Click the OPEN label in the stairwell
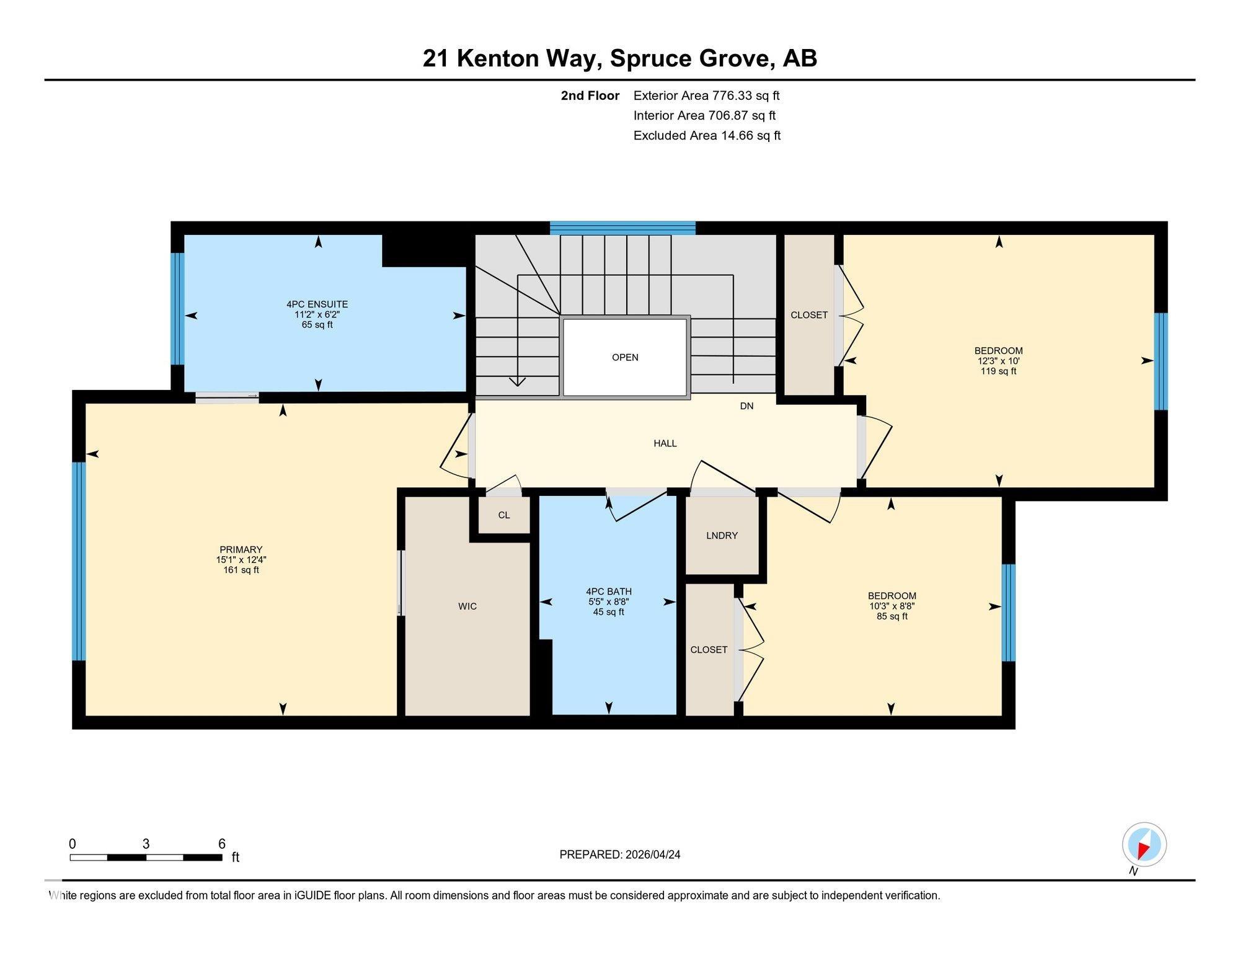click(625, 357)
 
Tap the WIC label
click(467, 606)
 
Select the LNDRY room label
click(722, 536)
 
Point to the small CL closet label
click(504, 515)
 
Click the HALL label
click(665, 443)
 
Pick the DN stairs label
click(746, 406)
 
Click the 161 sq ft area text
click(241, 570)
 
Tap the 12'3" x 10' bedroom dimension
click(998, 361)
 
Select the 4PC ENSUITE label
click(317, 304)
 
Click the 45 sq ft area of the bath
click(608, 612)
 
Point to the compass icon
click(1144, 845)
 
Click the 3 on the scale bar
click(146, 844)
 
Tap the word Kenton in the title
click(498, 58)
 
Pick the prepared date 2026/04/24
click(653, 854)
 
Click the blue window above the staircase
click(622, 228)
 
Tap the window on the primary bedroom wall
click(79, 561)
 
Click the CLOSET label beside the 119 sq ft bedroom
click(809, 315)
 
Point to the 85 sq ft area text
click(892, 616)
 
